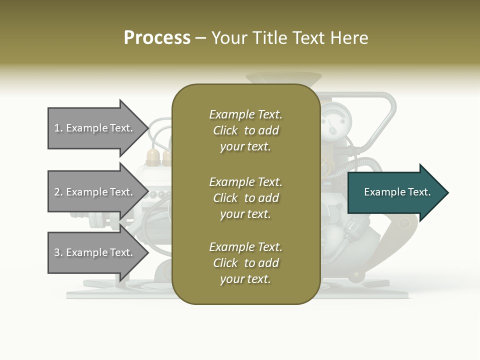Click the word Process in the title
pyautogui.click(x=157, y=38)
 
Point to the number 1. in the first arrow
pyautogui.click(x=58, y=128)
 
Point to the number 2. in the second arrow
pyautogui.click(x=58, y=192)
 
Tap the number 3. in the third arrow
pyautogui.click(x=58, y=252)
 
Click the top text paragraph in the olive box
pyautogui.click(x=245, y=130)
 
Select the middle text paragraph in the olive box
pyautogui.click(x=245, y=198)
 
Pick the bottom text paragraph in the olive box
pyautogui.click(x=245, y=263)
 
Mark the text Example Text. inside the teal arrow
pyautogui.click(x=397, y=192)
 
